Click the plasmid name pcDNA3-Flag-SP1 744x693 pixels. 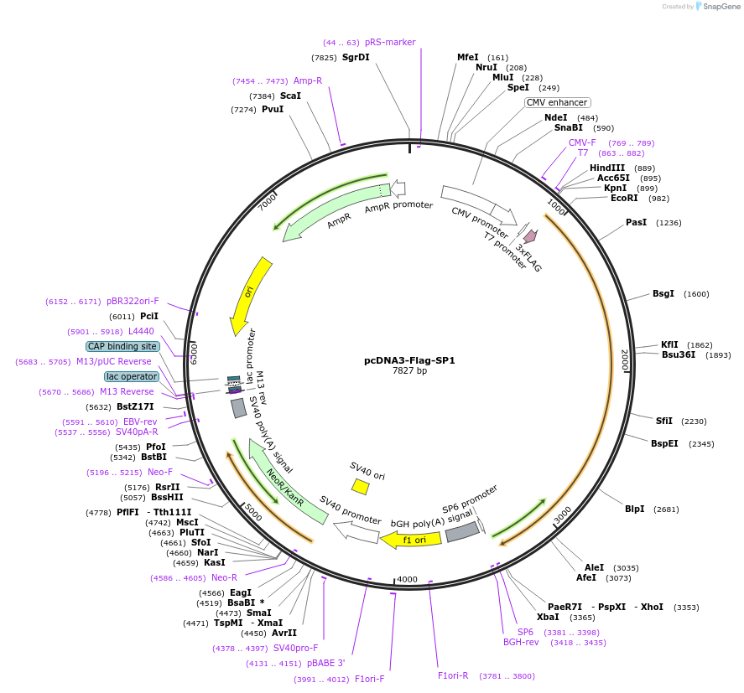(409, 360)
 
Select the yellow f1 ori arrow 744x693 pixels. (407, 540)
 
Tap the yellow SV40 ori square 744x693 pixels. (360, 487)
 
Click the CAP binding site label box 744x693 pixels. (122, 346)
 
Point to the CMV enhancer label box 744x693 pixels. (557, 102)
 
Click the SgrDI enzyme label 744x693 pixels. (356, 58)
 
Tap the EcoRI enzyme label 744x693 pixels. (624, 199)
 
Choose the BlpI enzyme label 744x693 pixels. (634, 509)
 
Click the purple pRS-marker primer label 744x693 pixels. (390, 42)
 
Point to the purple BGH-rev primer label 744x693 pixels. (521, 643)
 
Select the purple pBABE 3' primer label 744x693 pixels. (326, 664)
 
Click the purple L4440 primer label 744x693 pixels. (141, 332)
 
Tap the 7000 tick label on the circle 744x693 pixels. (267, 204)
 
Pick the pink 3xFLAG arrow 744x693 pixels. (529, 237)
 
